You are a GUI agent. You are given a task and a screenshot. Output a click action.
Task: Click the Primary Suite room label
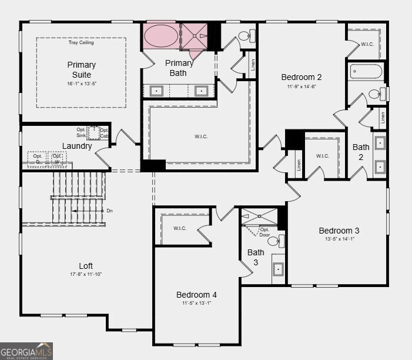pyautogui.click(x=81, y=69)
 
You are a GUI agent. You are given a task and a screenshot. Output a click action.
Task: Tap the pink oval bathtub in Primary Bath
pyautogui.click(x=160, y=36)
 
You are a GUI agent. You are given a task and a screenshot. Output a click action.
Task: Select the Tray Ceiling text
pyautogui.click(x=81, y=42)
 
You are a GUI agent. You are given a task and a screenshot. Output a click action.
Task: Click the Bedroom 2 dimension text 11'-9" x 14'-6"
pyautogui.click(x=301, y=86)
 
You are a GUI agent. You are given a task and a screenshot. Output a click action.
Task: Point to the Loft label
pyautogui.click(x=86, y=266)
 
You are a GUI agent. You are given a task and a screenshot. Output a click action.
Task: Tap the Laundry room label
pyautogui.click(x=77, y=146)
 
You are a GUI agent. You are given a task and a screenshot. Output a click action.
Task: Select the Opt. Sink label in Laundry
pyautogui.click(x=81, y=132)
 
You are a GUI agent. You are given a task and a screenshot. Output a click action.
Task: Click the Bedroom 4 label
pyautogui.click(x=196, y=295)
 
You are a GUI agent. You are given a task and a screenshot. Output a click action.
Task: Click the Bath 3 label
pyautogui.click(x=256, y=257)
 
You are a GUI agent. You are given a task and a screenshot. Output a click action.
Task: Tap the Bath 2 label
pyautogui.click(x=360, y=152)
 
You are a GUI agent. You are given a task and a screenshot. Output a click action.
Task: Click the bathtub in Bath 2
pyautogui.click(x=366, y=72)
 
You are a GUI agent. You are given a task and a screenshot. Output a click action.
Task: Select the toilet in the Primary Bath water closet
pyautogui.click(x=245, y=36)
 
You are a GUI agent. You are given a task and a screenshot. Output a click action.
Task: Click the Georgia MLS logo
pyautogui.click(x=26, y=351)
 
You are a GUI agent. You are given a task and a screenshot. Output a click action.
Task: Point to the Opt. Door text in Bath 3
pyautogui.click(x=264, y=232)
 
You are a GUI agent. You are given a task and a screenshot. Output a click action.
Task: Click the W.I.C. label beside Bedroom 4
pyautogui.click(x=180, y=228)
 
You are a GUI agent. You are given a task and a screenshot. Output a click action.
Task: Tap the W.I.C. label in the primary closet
pyautogui.click(x=201, y=136)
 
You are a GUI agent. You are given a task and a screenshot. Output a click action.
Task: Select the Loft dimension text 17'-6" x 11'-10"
pyautogui.click(x=86, y=274)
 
